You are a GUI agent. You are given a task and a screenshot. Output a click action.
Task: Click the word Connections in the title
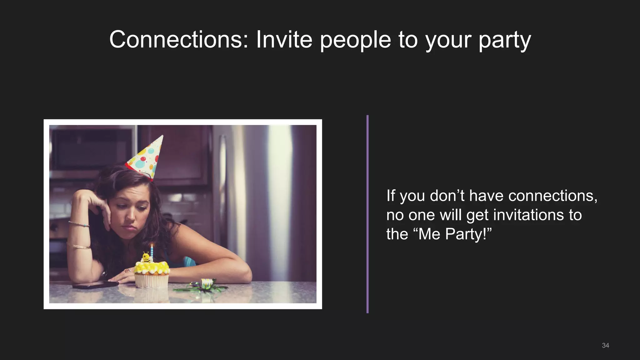[179, 40]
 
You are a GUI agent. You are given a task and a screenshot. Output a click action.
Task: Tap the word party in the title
[504, 41]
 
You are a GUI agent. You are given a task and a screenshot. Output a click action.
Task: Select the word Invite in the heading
[284, 40]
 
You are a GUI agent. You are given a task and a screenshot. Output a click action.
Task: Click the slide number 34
[605, 345]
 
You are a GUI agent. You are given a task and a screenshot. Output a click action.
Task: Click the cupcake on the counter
[152, 275]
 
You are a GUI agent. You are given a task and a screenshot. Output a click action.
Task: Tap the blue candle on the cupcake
[152, 252]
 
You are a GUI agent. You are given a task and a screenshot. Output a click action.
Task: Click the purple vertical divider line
[367, 214]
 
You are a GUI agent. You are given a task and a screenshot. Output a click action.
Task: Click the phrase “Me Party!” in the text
[454, 234]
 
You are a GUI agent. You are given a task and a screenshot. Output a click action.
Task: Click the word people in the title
[355, 41]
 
